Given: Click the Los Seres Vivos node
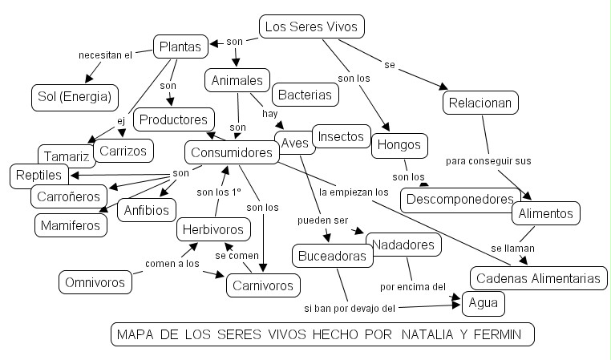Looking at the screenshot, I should (x=312, y=26).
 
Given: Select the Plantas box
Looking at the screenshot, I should (x=180, y=47).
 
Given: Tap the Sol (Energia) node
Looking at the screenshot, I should (x=74, y=97).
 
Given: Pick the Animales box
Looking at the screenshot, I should (x=237, y=80).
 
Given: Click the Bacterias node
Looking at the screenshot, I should (x=304, y=95).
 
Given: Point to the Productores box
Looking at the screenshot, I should (x=174, y=119).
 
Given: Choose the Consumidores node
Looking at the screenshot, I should (x=231, y=152).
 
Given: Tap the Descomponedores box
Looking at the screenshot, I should (x=459, y=198).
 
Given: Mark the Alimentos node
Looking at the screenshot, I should (x=545, y=213).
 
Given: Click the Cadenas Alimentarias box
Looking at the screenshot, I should (x=538, y=278).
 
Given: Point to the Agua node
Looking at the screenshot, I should (x=484, y=304).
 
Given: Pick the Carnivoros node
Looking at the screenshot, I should (x=263, y=284).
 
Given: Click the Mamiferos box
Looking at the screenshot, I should (x=71, y=225).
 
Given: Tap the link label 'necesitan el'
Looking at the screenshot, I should (x=104, y=55).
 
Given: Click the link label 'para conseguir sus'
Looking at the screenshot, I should (x=488, y=160).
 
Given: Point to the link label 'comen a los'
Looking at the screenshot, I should (x=172, y=263).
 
